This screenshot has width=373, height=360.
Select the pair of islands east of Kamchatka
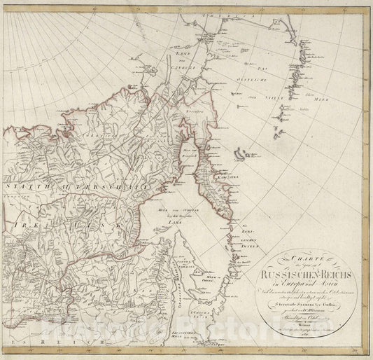[242, 151]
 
